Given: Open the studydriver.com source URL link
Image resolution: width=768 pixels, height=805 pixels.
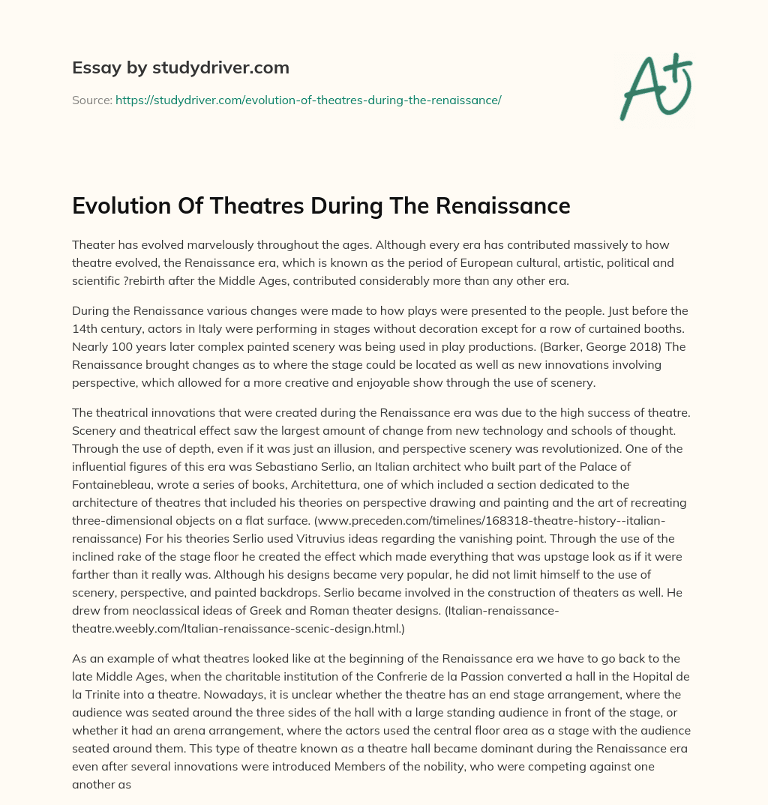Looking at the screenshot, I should [x=307, y=100].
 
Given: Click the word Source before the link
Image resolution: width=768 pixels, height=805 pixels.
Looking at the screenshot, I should [x=91, y=100].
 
